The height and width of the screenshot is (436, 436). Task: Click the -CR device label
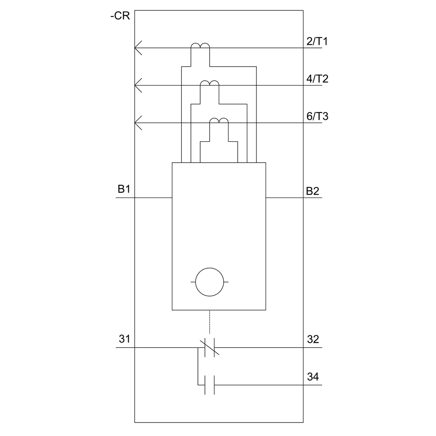point(120,16)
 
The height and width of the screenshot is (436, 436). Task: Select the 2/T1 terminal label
point(317,41)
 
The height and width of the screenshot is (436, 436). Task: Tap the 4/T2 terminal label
point(317,79)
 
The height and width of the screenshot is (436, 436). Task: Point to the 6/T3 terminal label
point(317,116)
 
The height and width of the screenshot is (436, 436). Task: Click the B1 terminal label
point(124,189)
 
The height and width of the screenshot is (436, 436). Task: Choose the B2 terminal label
point(313,191)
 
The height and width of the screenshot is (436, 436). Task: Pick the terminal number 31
point(124,339)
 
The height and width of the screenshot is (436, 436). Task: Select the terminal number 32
point(313,339)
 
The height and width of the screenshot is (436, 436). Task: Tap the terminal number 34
point(313,377)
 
